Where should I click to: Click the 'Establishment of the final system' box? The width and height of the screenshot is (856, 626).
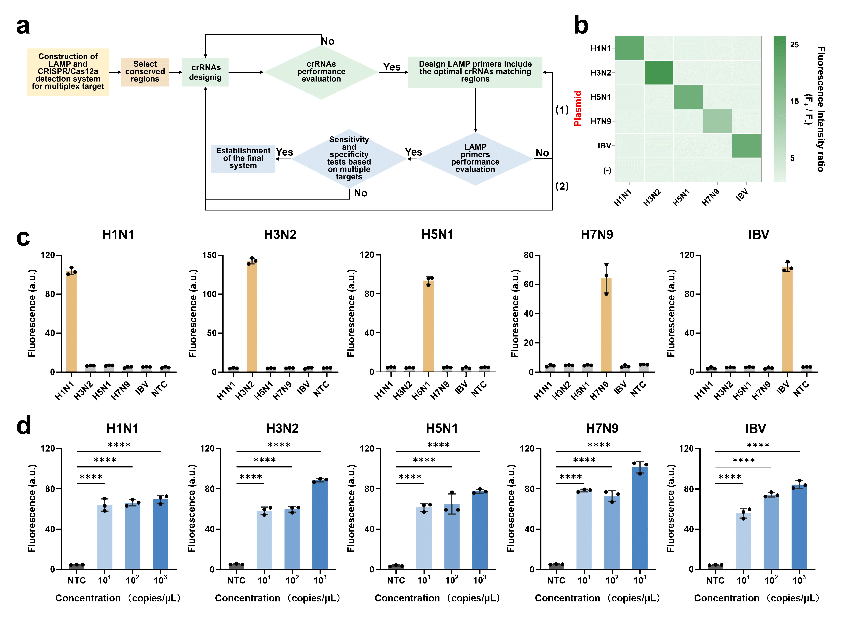point(243,158)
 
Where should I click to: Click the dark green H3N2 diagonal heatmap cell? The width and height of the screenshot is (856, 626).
point(659,72)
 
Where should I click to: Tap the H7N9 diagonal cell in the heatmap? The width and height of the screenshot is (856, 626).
point(717,121)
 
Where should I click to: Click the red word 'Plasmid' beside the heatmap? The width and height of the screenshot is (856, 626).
point(578,108)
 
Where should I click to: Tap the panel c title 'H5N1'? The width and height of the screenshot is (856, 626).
point(437,235)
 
